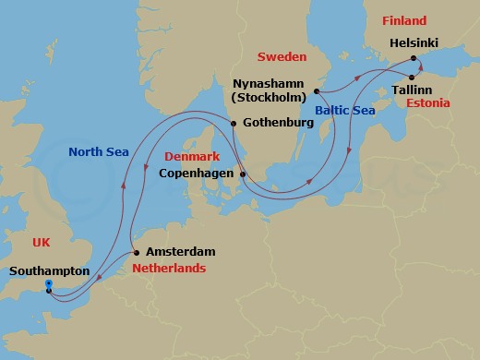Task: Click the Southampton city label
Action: click(50, 271)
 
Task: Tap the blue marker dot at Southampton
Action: click(48, 283)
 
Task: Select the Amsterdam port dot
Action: click(137, 252)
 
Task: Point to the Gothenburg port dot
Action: click(234, 124)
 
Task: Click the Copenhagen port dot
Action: click(243, 174)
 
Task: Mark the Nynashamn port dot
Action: click(317, 90)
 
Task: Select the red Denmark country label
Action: click(191, 157)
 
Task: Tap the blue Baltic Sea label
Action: click(343, 111)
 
